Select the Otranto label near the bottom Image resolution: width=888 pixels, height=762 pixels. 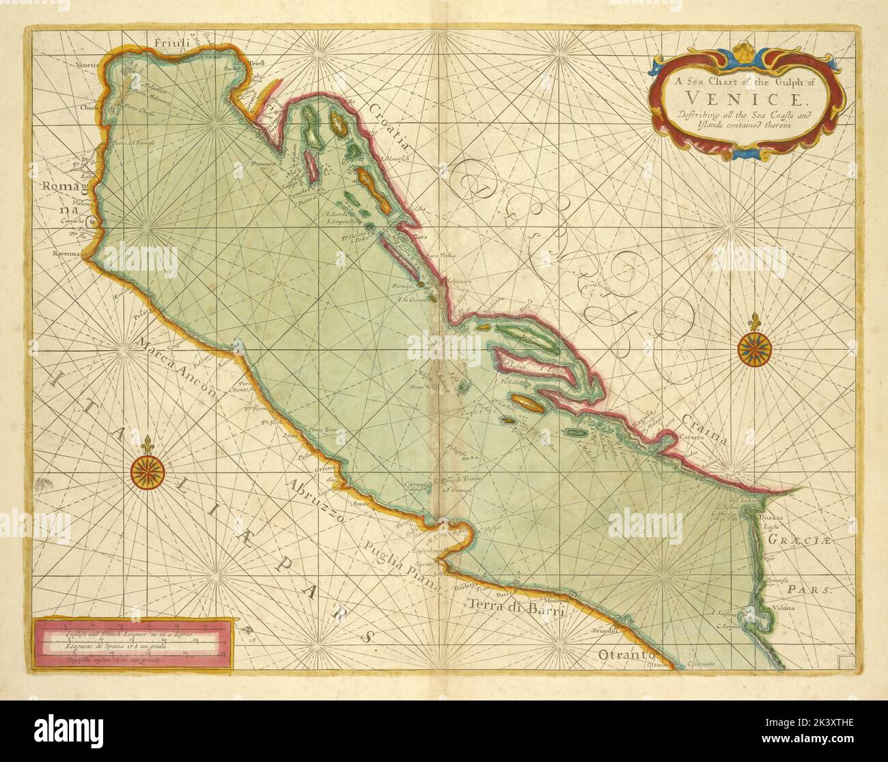622,657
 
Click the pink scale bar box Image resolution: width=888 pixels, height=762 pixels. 132,643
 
